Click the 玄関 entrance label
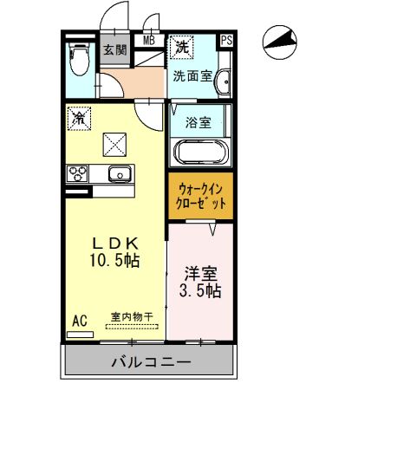[x=114, y=49]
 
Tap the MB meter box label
[x=149, y=40]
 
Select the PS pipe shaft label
[x=226, y=40]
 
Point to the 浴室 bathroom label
[x=198, y=122]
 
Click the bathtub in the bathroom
[x=200, y=153]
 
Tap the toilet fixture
[x=78, y=62]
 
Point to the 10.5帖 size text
[x=114, y=259]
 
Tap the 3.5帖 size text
[x=199, y=291]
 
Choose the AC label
[x=79, y=321]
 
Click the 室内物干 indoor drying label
[x=131, y=317]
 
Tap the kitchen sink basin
[x=118, y=173]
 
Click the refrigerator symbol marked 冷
[x=78, y=116]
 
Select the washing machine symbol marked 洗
[x=181, y=44]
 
